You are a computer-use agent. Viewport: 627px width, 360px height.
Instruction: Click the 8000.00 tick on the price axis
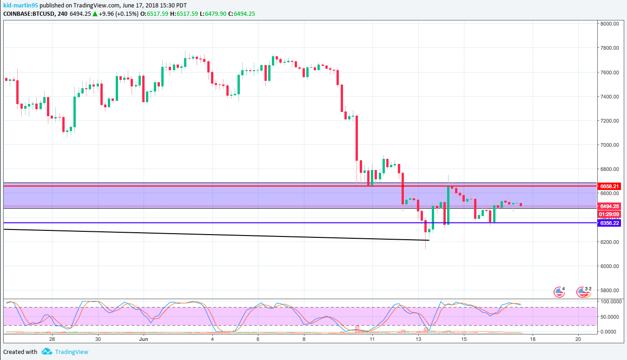(609, 24)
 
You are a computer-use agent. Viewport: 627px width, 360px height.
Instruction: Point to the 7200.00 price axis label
(609, 121)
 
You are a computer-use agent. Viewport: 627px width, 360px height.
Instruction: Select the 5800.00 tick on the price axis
(609, 290)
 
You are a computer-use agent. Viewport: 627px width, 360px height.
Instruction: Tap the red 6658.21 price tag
(609, 186)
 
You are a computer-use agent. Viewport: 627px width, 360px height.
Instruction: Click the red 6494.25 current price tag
(609, 206)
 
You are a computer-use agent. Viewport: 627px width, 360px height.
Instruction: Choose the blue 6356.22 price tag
(609, 223)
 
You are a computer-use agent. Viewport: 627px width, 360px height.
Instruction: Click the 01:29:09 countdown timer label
(609, 215)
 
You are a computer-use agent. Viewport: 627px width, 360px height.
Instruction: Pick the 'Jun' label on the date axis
(144, 340)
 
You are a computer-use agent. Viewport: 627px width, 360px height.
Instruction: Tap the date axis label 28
(52, 340)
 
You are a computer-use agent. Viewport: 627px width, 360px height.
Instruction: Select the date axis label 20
(578, 340)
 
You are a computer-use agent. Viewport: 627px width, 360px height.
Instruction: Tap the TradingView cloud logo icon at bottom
(46, 352)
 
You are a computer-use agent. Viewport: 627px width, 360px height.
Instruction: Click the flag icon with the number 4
(558, 292)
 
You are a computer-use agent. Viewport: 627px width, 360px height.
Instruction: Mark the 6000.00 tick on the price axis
(609, 266)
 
